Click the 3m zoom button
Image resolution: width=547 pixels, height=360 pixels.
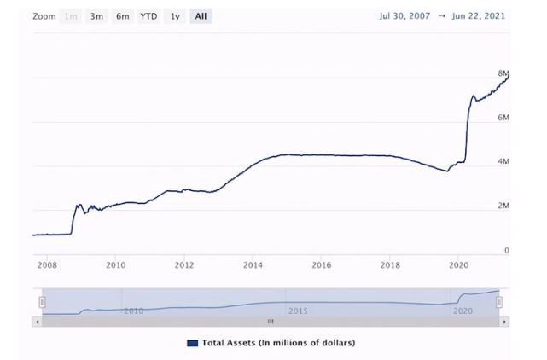click(96, 16)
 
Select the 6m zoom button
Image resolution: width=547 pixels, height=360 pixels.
click(123, 16)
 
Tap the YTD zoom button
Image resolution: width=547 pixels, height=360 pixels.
click(148, 16)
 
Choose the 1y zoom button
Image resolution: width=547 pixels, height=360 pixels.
click(175, 16)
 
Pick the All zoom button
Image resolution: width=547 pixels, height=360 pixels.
click(201, 16)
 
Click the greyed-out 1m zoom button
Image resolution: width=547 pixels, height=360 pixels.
click(71, 16)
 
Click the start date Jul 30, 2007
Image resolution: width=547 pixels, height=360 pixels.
click(408, 16)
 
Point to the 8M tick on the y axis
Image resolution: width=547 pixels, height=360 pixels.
click(503, 73)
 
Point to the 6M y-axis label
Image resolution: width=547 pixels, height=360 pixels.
click(503, 117)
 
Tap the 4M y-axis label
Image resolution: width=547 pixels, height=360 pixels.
click(503, 161)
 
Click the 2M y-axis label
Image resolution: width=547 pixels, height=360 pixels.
click(503, 206)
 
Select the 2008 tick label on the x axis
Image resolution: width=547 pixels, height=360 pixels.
click(47, 265)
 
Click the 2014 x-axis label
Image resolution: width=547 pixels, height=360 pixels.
click(253, 265)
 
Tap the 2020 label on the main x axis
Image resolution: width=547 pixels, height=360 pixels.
click(458, 265)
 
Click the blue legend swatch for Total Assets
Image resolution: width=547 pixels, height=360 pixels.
click(192, 343)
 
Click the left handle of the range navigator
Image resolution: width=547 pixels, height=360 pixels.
click(42, 301)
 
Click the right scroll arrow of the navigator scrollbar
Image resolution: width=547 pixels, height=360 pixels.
click(504, 322)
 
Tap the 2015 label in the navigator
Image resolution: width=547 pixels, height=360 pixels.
click(297, 311)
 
